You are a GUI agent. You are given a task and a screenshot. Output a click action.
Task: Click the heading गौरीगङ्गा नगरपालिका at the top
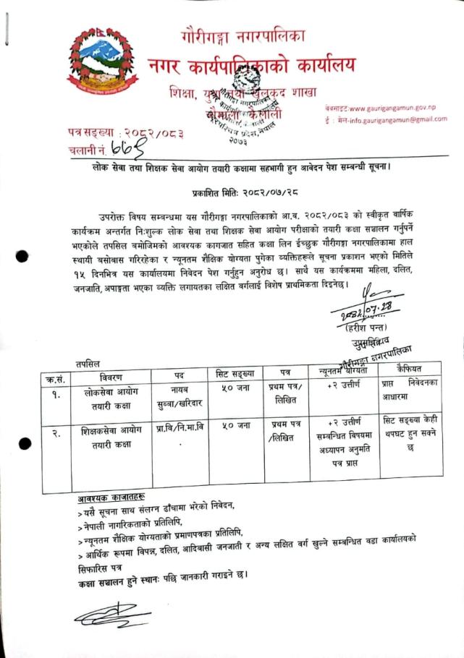(x=243, y=34)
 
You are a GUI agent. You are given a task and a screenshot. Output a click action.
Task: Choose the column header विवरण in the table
(x=101, y=377)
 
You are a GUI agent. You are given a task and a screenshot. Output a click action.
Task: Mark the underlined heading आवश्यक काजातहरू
(x=111, y=498)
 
